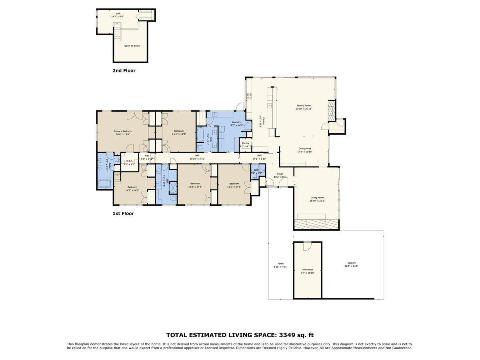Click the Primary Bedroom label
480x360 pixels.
(123, 131)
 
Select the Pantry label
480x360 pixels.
(246, 143)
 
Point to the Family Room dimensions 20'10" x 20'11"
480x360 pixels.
(304, 108)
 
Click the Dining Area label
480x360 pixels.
(305, 148)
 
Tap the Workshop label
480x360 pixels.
(307, 270)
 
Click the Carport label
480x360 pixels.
(351, 263)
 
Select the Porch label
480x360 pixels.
(280, 264)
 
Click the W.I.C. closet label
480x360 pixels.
(129, 161)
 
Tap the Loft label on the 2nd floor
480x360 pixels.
(118, 14)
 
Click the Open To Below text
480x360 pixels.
(132, 46)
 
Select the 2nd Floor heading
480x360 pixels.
(124, 70)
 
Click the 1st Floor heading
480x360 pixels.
(123, 213)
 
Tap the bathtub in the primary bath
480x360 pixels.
(105, 184)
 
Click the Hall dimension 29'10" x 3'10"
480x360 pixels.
(197, 159)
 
